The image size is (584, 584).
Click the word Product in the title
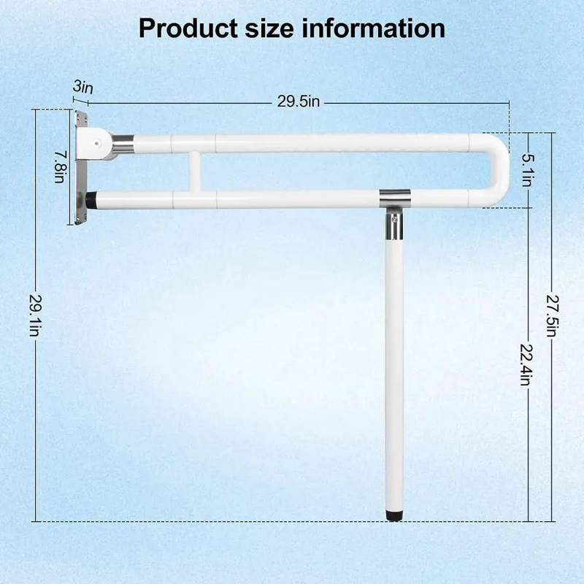[188, 28]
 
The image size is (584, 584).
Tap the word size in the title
[269, 28]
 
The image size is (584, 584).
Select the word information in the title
[373, 28]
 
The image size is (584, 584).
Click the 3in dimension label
[82, 87]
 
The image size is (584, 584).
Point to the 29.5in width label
[299, 101]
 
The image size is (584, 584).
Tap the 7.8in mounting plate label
[60, 166]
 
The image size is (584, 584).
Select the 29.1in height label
[34, 315]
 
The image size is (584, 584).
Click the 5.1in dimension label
[528, 170]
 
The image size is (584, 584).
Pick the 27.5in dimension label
[552, 316]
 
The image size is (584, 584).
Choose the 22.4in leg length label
[528, 364]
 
